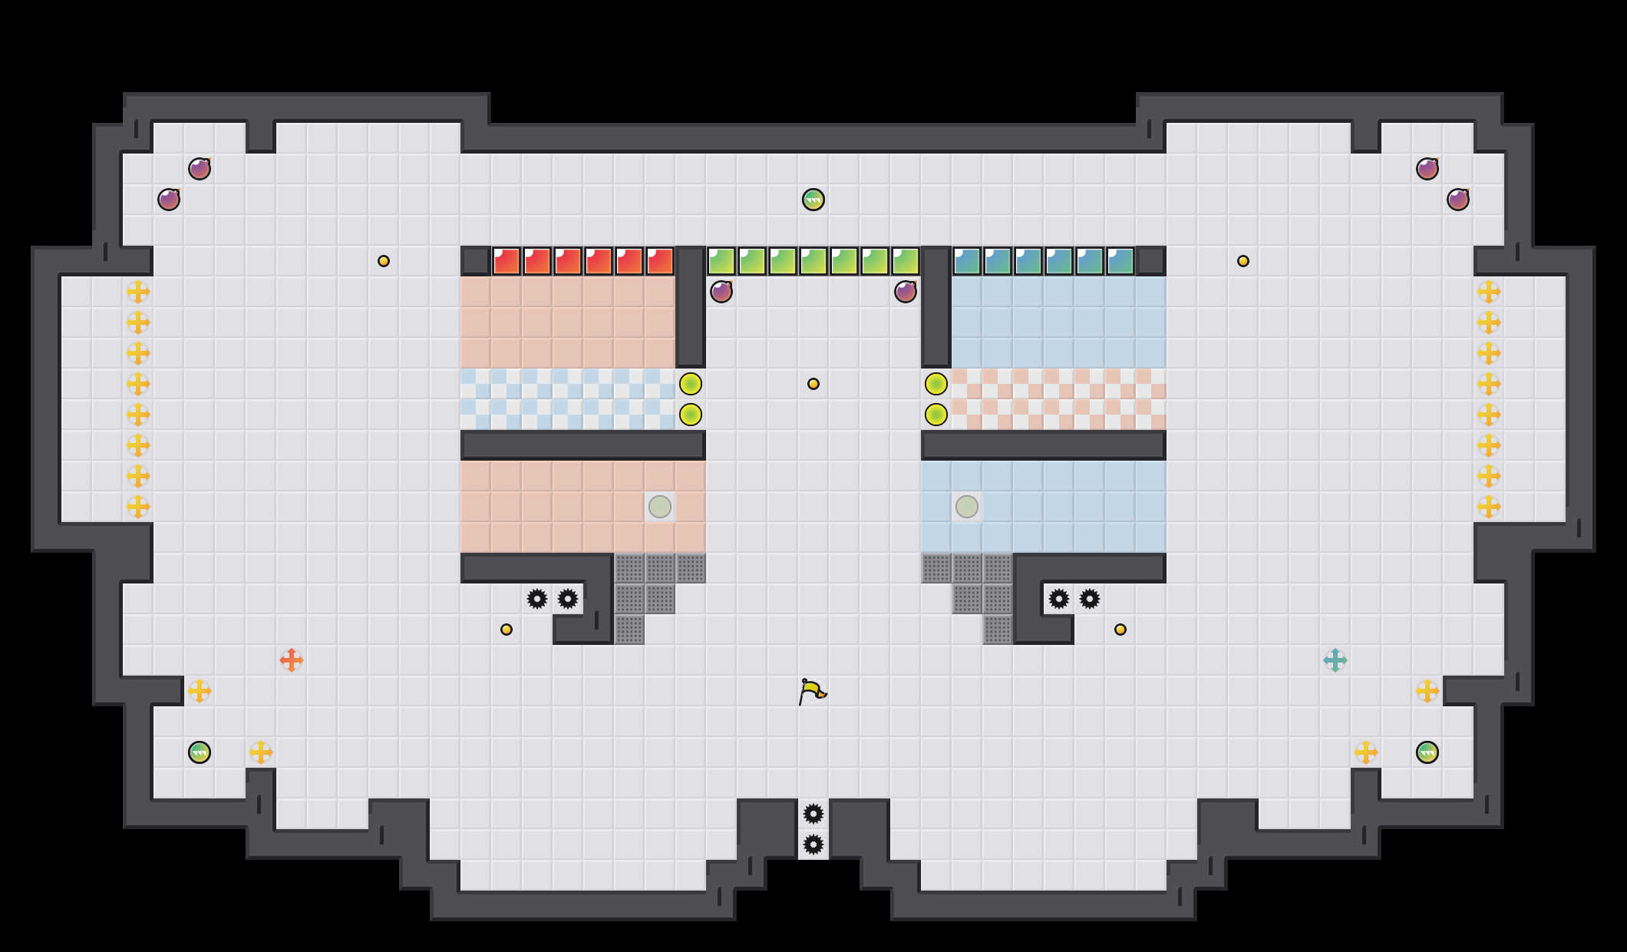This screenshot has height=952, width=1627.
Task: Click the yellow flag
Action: (x=812, y=691)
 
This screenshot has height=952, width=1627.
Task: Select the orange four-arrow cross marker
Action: (x=292, y=660)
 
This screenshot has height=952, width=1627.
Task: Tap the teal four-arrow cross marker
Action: (x=1335, y=660)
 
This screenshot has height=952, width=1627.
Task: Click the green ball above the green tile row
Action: (x=813, y=200)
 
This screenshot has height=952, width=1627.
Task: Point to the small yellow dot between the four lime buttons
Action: (x=813, y=384)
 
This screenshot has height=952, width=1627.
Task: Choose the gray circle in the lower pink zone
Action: (x=660, y=507)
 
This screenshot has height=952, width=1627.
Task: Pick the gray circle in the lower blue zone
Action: (x=967, y=507)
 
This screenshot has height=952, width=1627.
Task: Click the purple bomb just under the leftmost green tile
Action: (x=721, y=292)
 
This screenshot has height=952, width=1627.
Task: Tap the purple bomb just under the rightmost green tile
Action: (x=906, y=292)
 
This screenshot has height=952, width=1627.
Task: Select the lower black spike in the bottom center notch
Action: (x=813, y=845)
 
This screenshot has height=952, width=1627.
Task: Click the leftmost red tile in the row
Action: (x=507, y=261)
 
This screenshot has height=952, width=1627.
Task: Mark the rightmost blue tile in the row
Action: (x=1120, y=261)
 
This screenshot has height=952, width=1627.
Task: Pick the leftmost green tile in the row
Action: (x=721, y=261)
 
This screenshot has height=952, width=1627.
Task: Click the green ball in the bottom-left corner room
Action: (x=200, y=752)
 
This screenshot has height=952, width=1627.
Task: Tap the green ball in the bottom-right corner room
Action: (x=1427, y=752)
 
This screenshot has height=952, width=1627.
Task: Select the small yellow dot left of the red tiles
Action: (x=384, y=261)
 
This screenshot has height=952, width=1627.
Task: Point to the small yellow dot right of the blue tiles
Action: (x=1243, y=261)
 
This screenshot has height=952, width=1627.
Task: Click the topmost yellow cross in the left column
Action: (x=138, y=292)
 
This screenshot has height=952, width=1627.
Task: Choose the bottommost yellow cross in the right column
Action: (x=1489, y=507)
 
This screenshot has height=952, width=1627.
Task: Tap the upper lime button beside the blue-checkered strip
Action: (x=691, y=384)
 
